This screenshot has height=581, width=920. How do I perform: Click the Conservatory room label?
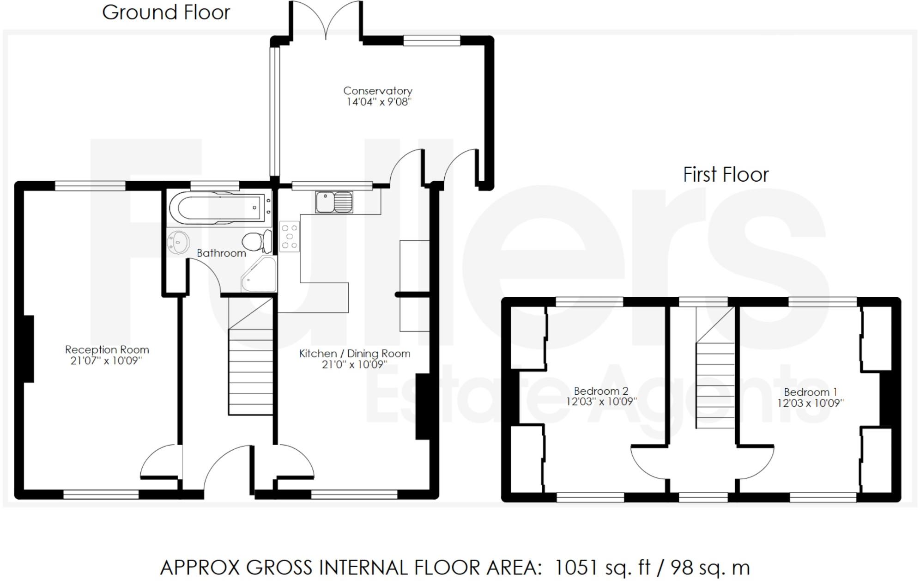377,91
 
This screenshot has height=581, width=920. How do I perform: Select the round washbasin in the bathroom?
178,242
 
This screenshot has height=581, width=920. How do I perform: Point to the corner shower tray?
259,275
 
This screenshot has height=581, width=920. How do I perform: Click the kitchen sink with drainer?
334,202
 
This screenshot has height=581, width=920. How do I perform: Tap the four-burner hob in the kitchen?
290,237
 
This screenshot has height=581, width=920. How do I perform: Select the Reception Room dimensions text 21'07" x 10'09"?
106,361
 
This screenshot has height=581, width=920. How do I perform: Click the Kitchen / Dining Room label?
355,354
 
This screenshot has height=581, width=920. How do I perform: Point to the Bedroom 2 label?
601,391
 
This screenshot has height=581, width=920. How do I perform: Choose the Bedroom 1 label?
811,392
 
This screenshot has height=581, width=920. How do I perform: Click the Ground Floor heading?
166,12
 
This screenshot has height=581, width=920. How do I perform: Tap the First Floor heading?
726,175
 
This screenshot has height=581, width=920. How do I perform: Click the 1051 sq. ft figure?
602,567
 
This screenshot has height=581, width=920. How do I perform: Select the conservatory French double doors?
326,19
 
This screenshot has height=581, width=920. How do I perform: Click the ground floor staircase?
250,356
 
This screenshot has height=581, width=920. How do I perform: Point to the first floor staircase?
715,367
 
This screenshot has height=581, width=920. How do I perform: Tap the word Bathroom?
221,253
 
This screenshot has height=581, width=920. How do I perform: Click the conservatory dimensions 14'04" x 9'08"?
378,102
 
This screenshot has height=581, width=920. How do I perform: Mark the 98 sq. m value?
710,567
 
